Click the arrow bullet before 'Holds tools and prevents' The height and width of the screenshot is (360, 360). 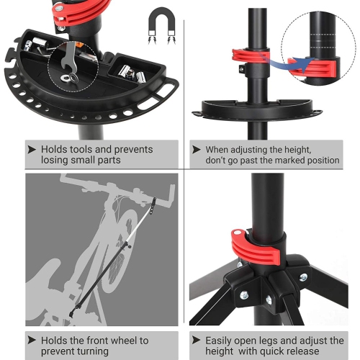pos(30,150)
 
